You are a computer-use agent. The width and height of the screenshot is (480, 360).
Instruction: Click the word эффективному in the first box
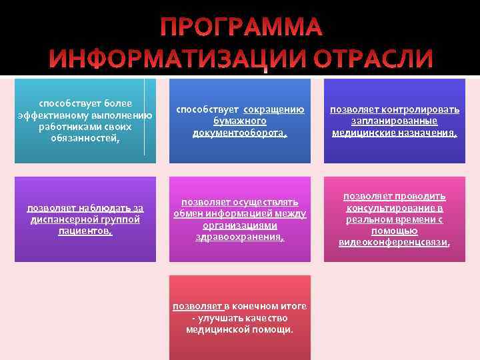point(49,115)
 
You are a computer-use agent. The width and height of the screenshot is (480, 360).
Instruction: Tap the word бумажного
point(239,121)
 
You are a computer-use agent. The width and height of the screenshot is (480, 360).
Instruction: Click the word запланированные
point(394,121)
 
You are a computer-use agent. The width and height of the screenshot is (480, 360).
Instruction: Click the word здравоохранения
point(239,236)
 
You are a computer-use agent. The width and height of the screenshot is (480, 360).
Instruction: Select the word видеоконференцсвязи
point(393,242)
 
